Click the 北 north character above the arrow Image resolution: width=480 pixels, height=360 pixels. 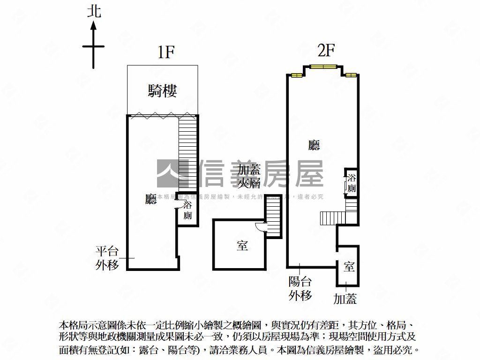[94, 11]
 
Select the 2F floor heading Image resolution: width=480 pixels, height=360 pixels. [325, 50]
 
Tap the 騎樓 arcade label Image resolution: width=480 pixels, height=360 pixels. [162, 90]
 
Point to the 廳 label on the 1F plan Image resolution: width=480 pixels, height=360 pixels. [150, 200]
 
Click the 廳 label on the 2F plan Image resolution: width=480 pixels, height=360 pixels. [314, 145]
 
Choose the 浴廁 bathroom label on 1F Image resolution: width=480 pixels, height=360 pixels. [187, 210]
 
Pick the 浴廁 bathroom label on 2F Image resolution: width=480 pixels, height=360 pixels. [352, 183]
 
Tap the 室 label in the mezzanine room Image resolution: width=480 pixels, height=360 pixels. [242, 245]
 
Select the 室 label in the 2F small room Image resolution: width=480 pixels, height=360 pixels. [349, 267]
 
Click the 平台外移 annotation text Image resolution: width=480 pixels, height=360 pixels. [107, 258]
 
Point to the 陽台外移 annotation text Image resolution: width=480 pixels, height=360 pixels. [300, 288]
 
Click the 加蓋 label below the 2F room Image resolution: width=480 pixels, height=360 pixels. [345, 299]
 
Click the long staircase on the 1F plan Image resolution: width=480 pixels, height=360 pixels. [187, 150]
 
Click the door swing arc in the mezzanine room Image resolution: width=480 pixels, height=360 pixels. [261, 226]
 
